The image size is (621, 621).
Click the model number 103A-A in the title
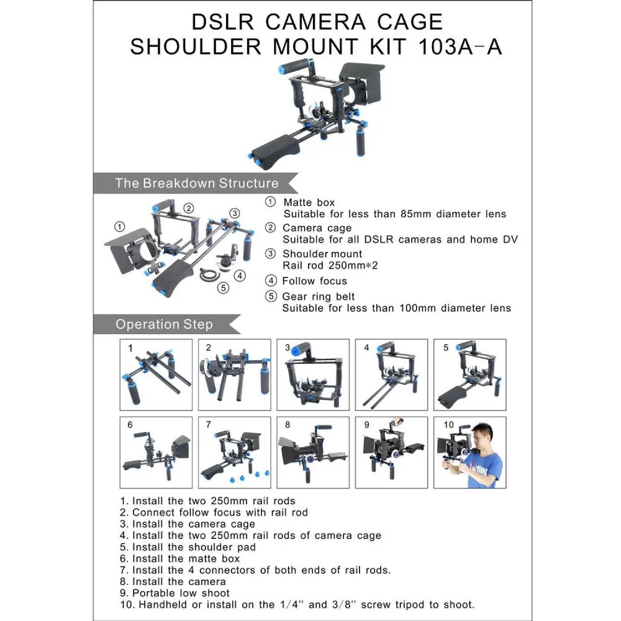[460, 47]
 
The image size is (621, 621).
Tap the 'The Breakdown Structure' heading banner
[196, 183]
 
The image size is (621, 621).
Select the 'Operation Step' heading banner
[166, 324]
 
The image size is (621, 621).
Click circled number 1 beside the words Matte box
[271, 202]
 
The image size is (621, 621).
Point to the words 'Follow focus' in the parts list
[314, 281]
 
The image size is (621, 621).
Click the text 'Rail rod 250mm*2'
[330, 265]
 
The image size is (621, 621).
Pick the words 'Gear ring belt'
[319, 296]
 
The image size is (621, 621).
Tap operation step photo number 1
[156, 374]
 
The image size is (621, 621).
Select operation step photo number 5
[469, 374]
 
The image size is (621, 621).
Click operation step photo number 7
[235, 452]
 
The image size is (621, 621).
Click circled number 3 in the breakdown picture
[235, 213]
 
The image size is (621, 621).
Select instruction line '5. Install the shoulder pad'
[188, 547]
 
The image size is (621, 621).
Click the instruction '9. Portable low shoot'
[175, 593]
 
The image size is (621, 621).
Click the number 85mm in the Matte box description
[415, 214]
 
